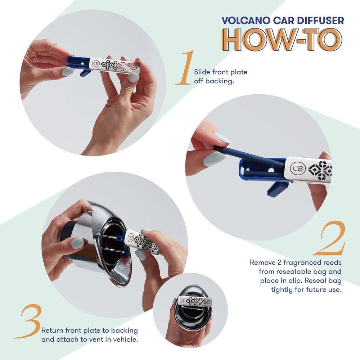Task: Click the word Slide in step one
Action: click(201, 72)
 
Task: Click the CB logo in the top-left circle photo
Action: click(95, 64)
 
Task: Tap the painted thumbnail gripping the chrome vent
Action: click(77, 243)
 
